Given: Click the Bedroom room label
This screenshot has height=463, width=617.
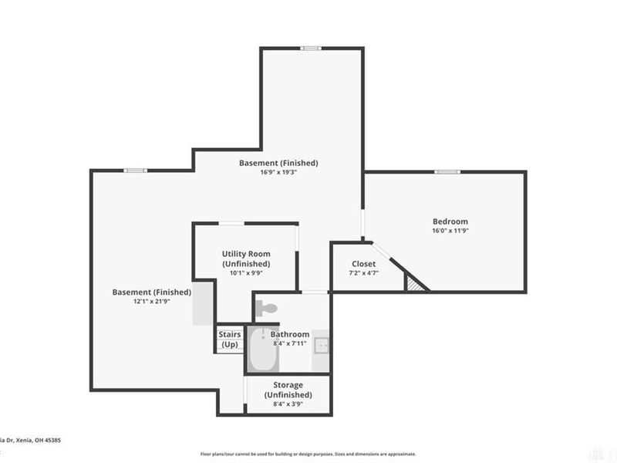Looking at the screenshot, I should point(450,221).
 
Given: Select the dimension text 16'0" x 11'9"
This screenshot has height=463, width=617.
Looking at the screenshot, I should point(450,231).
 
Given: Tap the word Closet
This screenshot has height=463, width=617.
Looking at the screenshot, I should point(363,264).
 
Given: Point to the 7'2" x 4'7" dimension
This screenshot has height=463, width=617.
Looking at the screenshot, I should point(363,273).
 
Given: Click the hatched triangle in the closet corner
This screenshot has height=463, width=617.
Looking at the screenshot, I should point(416,284).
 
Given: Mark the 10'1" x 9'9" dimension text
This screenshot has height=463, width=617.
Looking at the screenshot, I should point(246,272).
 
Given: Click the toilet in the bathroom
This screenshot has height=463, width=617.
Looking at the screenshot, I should point(265,308).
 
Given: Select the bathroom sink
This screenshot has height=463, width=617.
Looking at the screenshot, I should point(322,345).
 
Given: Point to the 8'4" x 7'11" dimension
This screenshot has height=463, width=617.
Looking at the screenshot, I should point(289,343).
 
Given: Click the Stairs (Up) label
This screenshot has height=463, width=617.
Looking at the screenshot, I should point(230,340).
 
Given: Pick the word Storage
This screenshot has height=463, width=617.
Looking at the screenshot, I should point(288,385).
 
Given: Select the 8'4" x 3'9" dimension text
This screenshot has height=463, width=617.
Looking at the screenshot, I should point(288,404).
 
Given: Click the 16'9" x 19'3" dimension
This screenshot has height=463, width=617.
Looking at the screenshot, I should point(278,173).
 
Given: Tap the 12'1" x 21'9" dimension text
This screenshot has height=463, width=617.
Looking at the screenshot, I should point(151,302).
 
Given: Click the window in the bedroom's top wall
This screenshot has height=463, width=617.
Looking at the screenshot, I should point(447,171).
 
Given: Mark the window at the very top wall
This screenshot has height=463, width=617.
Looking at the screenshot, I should point(310,49).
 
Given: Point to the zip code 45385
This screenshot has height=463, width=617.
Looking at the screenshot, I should point(52,441).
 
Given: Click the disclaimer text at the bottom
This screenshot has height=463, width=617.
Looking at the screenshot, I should point(308,454).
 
